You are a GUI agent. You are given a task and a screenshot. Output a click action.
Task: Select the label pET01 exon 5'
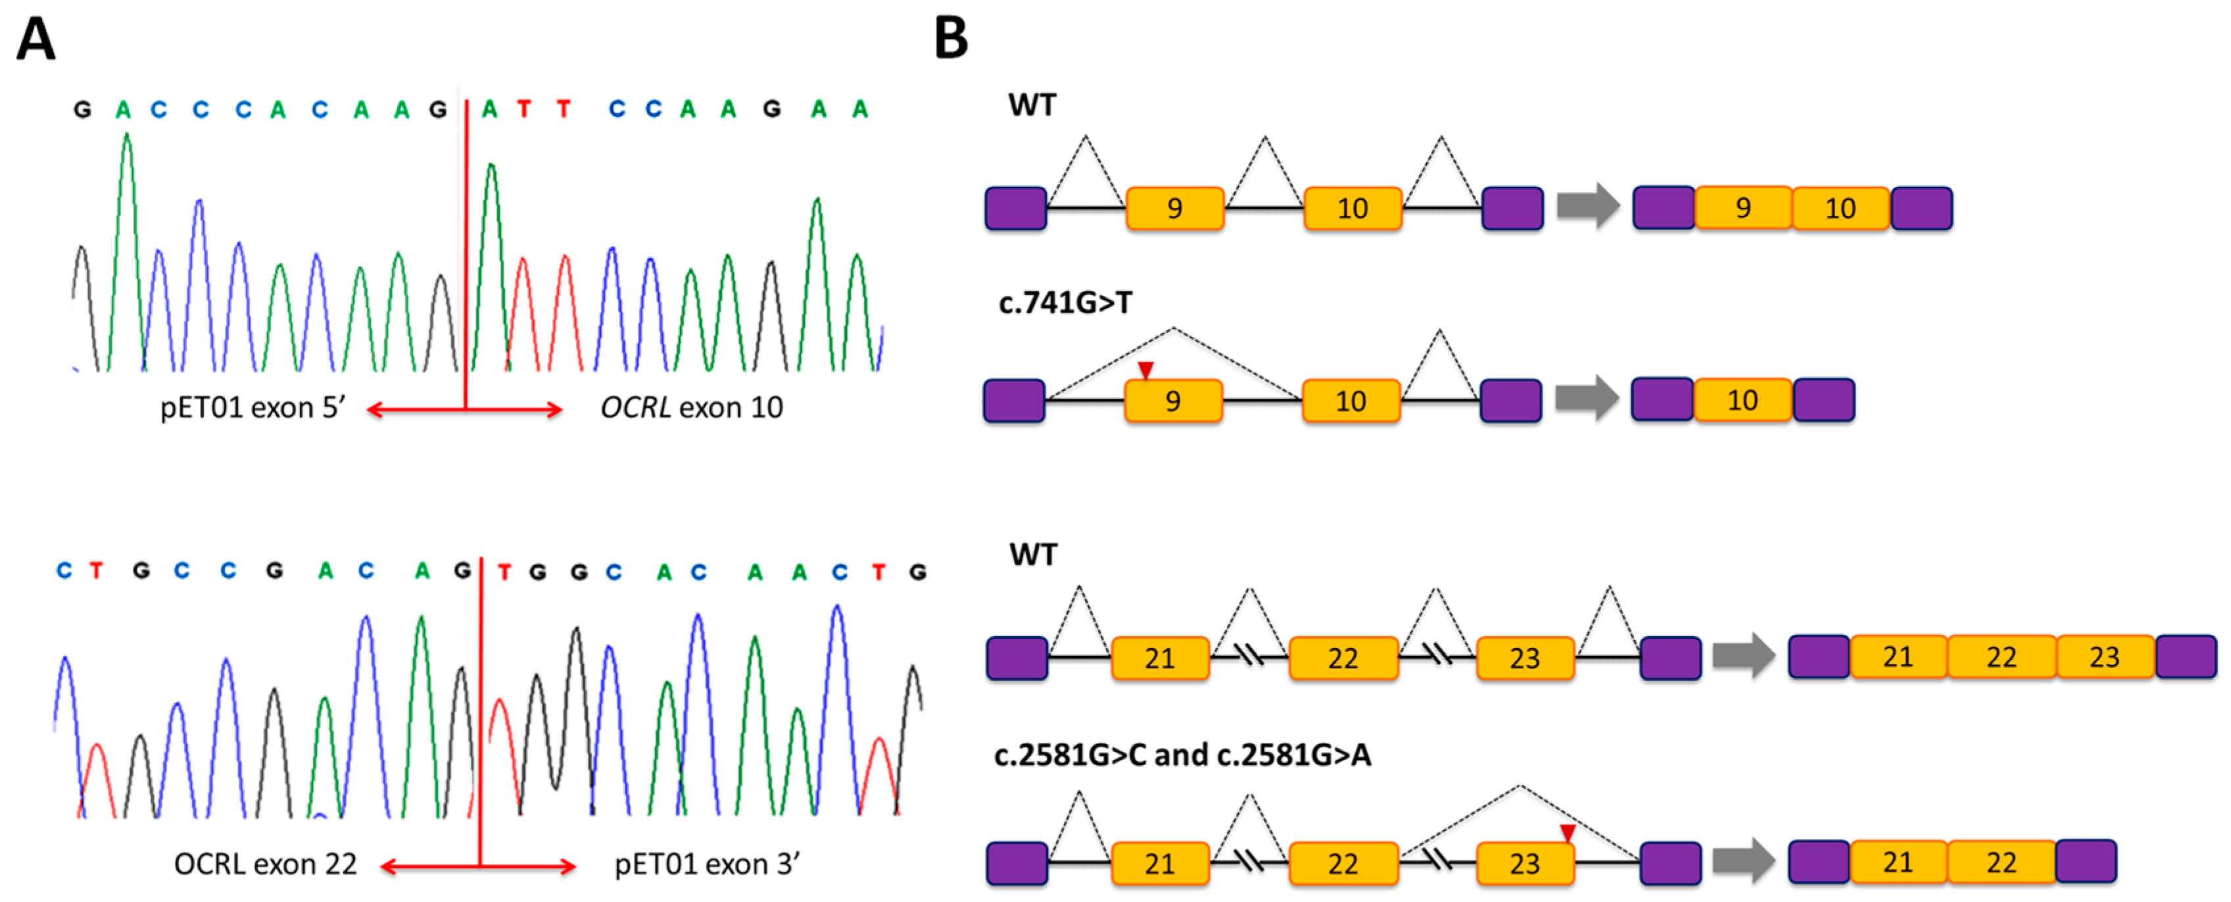pos(253,407)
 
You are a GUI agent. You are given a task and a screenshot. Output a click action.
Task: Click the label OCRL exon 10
pos(691,407)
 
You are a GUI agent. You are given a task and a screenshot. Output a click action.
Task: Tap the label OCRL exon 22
pos(265,864)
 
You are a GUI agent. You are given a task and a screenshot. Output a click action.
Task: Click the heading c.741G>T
pos(1065,303)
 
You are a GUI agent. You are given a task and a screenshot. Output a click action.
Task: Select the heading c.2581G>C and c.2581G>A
pos(1182,755)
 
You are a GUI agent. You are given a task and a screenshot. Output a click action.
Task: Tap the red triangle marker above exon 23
pos(1568,833)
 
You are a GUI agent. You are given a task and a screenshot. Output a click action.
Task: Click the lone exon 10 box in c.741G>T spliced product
pos(1742,400)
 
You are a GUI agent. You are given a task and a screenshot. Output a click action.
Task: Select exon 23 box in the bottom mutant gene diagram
pos(1524,864)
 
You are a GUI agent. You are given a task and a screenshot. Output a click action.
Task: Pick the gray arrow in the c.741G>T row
pos(1587,399)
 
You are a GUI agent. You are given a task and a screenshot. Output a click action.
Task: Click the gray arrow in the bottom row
pos(1743,861)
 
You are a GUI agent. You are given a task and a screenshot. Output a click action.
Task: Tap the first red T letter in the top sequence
pos(523,109)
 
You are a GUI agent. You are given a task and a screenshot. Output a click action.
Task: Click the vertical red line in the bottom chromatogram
pos(481,711)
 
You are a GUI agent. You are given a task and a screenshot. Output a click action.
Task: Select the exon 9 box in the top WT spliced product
pos(1742,208)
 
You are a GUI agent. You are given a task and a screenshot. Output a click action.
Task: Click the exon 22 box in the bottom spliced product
pos(2001,862)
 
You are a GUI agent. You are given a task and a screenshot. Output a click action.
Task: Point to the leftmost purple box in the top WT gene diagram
pos(1016,209)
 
